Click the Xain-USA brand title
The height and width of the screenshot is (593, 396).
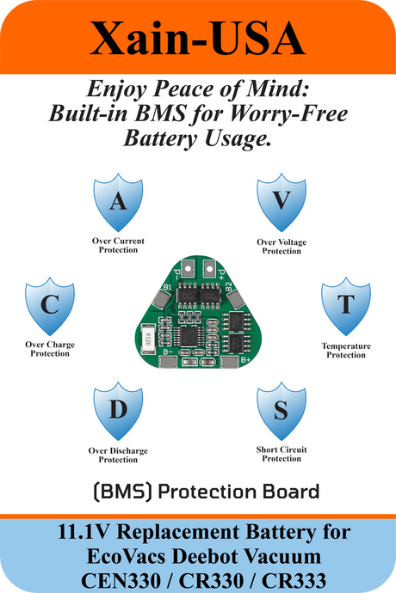[197, 39]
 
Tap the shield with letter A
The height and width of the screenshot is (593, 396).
[118, 202]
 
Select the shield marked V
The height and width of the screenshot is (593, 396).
[282, 202]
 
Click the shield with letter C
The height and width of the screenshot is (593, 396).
[50, 306]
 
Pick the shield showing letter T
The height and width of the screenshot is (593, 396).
[346, 306]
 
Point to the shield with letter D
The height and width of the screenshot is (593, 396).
[118, 411]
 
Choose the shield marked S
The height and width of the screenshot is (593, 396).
[282, 411]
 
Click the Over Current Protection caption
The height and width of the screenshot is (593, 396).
[118, 246]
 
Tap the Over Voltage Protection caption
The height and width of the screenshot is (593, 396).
[282, 247]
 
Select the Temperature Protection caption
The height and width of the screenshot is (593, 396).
[346, 351]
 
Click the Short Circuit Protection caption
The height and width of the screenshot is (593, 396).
[282, 455]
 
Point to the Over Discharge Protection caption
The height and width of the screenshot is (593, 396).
[118, 455]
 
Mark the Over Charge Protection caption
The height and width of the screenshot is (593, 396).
[50, 349]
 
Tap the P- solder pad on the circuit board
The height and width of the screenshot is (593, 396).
[188, 269]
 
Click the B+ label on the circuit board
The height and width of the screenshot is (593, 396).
[245, 359]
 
